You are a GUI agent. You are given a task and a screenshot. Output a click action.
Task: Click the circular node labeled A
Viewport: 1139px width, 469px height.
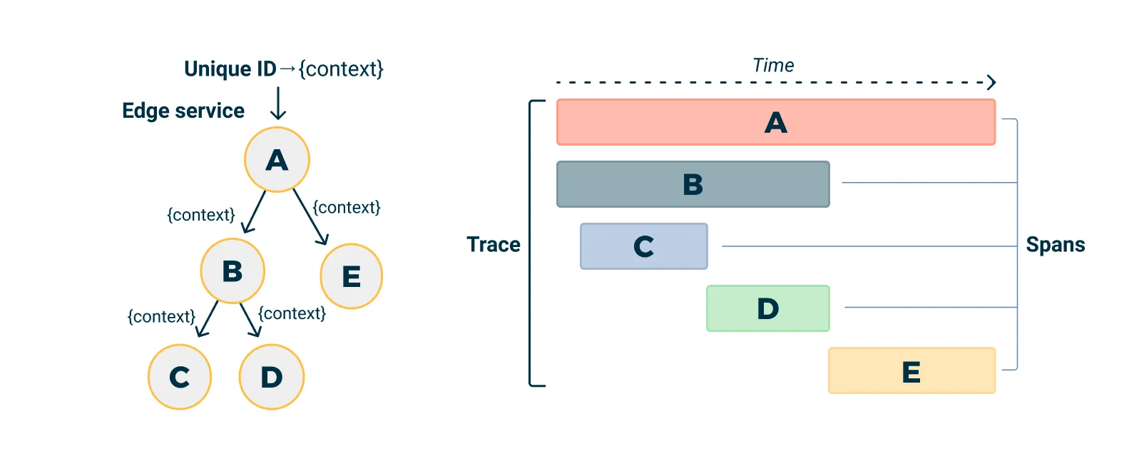[277, 159]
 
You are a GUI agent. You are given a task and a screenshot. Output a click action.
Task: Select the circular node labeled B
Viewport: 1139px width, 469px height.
[233, 271]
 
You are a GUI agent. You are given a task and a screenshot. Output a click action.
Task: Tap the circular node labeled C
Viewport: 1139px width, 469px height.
[180, 377]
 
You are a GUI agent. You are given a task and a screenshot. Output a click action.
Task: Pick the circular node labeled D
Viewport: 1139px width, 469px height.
[272, 377]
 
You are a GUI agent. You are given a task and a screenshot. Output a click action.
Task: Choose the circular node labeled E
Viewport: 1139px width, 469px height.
[351, 276]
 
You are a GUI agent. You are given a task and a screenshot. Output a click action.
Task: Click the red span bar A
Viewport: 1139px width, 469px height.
[775, 123]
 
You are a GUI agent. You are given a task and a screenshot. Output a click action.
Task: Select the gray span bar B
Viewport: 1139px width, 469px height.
[693, 184]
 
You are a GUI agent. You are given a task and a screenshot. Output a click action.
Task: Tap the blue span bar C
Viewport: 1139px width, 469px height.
[643, 246]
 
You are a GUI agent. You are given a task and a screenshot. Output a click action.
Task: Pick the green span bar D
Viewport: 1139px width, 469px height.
[767, 308]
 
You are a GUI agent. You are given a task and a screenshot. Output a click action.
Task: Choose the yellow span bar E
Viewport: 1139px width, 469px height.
[911, 371]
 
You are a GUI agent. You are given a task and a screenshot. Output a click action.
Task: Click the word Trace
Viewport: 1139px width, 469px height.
[493, 245]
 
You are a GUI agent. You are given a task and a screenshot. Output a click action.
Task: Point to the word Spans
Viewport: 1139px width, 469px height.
[1055, 245]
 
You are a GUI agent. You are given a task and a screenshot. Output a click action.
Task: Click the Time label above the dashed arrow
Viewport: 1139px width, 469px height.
[773, 66]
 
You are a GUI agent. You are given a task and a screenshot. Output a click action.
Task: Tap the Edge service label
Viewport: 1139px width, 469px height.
[183, 111]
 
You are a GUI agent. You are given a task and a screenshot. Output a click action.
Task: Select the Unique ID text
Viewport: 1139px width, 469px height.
[230, 69]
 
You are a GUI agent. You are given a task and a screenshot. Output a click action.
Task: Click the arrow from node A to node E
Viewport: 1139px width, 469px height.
[310, 216]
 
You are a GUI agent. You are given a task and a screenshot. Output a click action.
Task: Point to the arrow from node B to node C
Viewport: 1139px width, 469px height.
[208, 318]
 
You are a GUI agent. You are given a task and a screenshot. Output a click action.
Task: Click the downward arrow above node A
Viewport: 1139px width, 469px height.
[278, 104]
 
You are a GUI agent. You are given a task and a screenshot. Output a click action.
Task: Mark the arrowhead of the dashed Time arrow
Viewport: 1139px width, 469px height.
[991, 83]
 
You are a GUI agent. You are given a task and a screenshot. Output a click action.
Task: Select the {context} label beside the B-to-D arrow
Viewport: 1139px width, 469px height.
[292, 313]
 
